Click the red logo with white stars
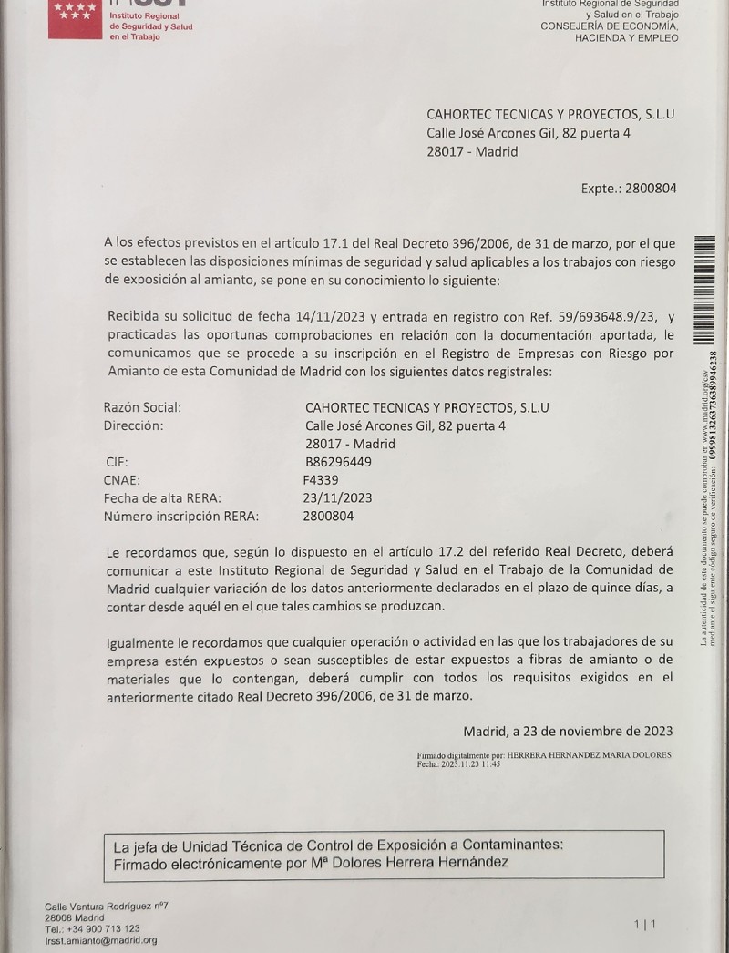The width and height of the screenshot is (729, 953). pyautogui.click(x=75, y=18)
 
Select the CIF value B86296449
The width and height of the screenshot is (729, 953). pyautogui.click(x=337, y=462)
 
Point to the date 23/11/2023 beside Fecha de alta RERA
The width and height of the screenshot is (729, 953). pyautogui.click(x=337, y=498)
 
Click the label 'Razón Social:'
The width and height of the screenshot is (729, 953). pyautogui.click(x=142, y=407)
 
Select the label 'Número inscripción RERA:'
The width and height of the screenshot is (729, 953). pyautogui.click(x=181, y=517)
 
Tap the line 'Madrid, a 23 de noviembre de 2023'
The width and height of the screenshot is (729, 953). pyautogui.click(x=568, y=731)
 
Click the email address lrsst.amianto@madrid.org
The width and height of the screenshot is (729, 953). pyautogui.click(x=101, y=940)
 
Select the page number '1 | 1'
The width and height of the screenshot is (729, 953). pyautogui.click(x=644, y=925)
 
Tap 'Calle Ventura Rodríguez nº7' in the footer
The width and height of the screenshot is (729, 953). pyautogui.click(x=108, y=906)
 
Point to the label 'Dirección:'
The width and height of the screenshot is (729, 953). pyautogui.click(x=133, y=425)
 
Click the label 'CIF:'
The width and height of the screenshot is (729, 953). pyautogui.click(x=117, y=462)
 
